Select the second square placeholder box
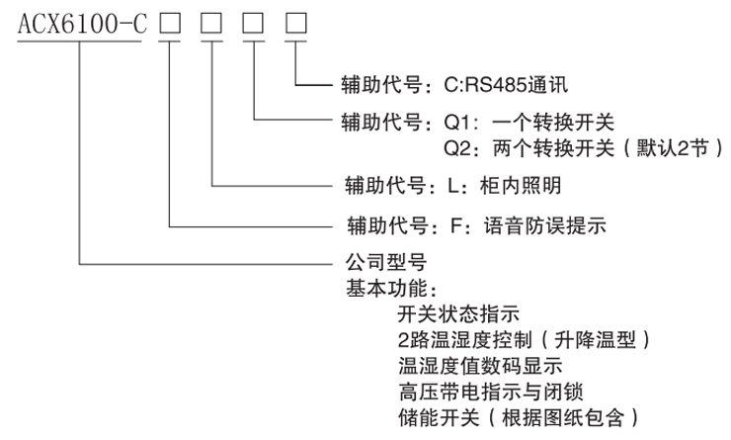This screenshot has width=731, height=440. [212, 24]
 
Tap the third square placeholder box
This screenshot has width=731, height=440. [255, 24]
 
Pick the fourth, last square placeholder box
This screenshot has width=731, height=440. [297, 24]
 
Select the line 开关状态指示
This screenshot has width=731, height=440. [457, 316]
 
